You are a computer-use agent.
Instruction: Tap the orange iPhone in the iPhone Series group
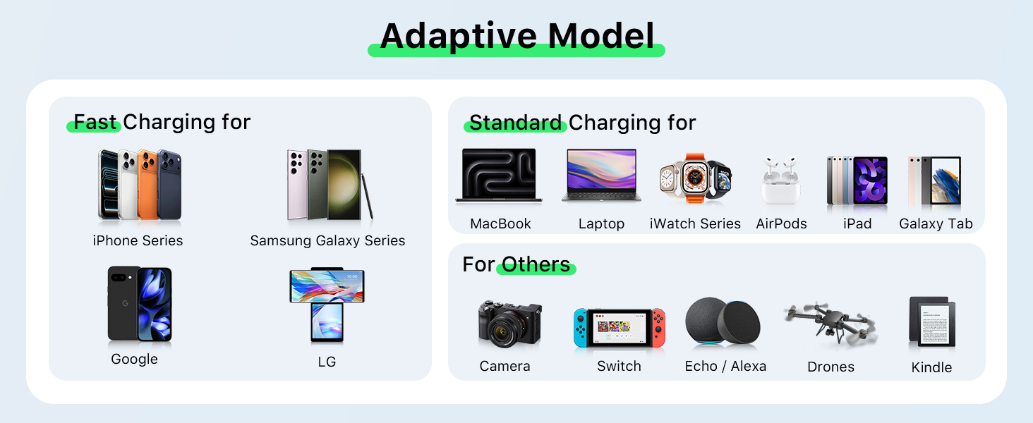click(x=149, y=185)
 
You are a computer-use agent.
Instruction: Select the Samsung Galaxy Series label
click(x=327, y=241)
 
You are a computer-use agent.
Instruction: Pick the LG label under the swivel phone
click(x=327, y=362)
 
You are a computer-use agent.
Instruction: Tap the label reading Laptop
click(x=601, y=224)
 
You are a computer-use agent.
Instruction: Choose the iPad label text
click(x=857, y=224)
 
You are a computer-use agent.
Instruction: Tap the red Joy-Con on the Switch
click(x=658, y=327)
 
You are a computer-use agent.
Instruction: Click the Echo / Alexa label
click(x=725, y=367)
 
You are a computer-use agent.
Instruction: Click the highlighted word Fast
click(x=95, y=123)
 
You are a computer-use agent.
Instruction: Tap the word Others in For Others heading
click(x=536, y=265)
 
